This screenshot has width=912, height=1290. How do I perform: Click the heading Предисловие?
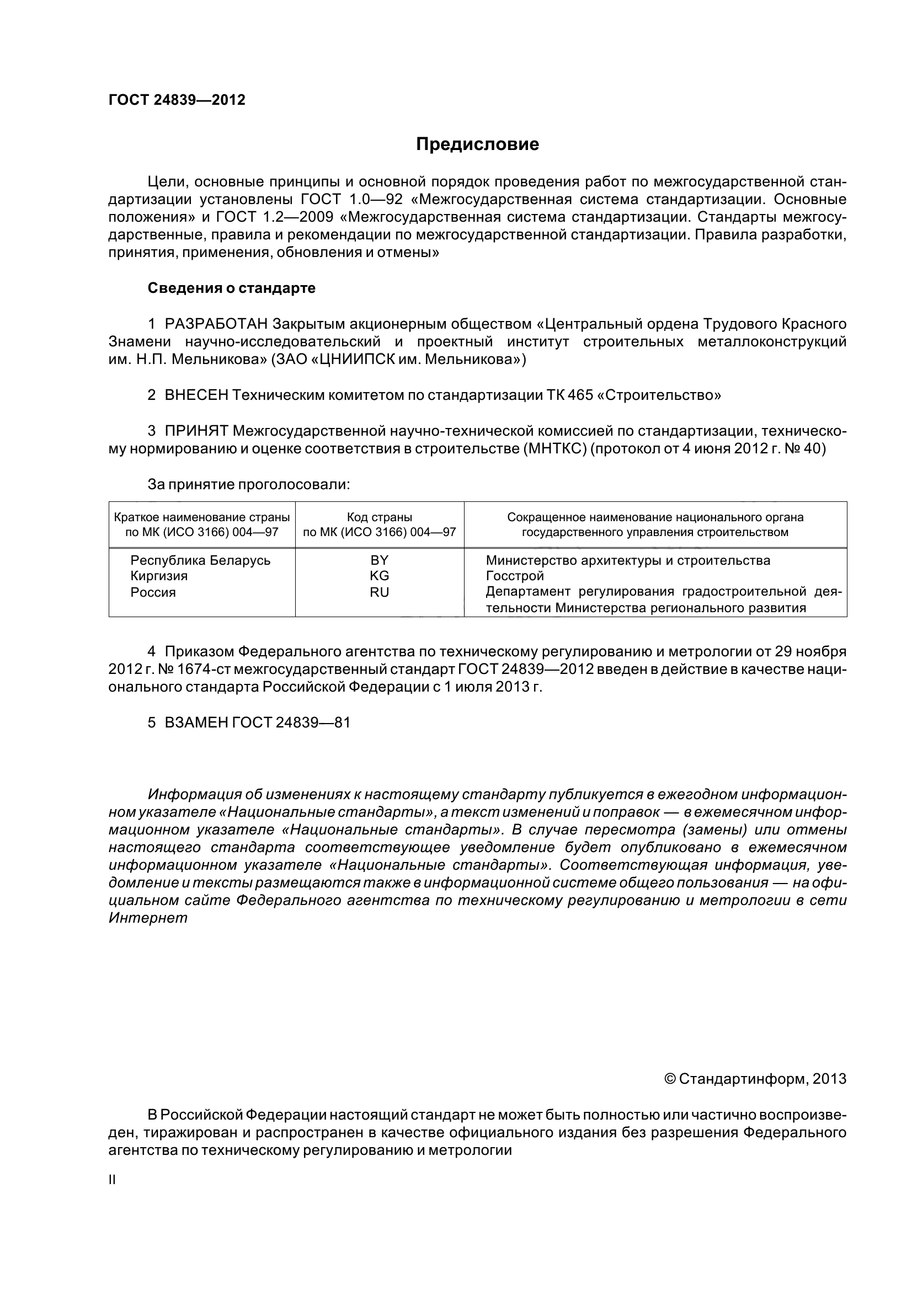tap(477, 144)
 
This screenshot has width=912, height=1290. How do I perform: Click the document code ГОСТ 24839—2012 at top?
tap(177, 100)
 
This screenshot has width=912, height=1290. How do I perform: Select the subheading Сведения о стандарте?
tap(232, 288)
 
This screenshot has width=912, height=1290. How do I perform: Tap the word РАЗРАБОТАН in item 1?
tap(216, 324)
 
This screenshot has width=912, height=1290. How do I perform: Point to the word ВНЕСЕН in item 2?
tap(196, 395)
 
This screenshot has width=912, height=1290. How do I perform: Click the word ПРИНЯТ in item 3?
tap(196, 431)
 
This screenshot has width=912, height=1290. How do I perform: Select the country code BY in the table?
tap(379, 560)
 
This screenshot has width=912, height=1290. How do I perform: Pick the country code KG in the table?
tap(379, 576)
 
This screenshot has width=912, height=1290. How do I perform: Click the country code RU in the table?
tap(379, 592)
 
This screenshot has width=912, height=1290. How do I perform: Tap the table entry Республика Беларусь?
tap(200, 560)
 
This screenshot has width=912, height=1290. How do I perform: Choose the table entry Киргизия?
tap(159, 576)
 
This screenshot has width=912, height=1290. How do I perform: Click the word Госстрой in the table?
tap(515, 576)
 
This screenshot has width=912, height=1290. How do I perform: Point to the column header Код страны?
tap(379, 517)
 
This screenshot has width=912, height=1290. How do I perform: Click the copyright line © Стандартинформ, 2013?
tap(755, 1031)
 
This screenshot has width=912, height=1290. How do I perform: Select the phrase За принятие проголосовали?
tap(249, 484)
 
